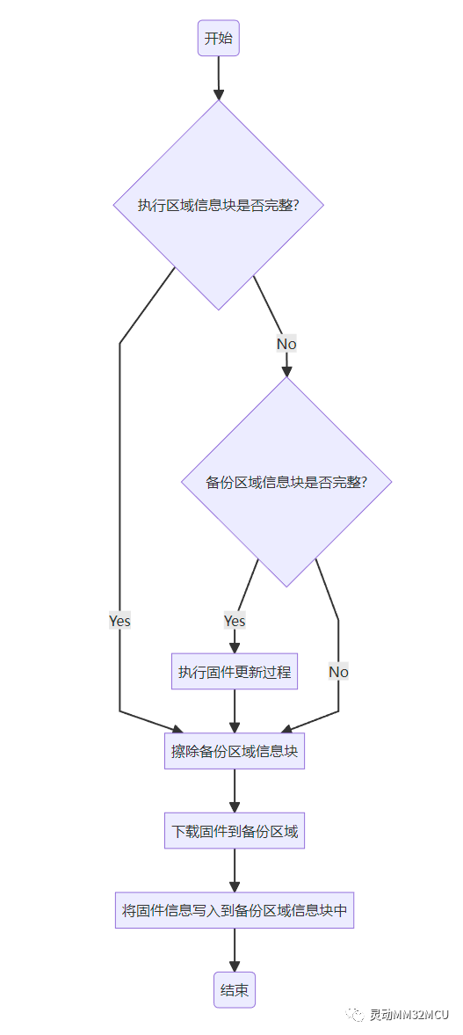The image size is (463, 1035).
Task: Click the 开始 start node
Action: (x=219, y=39)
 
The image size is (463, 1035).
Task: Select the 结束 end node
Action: (x=235, y=990)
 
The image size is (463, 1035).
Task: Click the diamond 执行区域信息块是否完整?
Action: (x=219, y=205)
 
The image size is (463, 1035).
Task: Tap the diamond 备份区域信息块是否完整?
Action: (x=286, y=482)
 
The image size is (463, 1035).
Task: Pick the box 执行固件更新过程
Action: (x=235, y=672)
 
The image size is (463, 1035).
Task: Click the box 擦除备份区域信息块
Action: (x=235, y=752)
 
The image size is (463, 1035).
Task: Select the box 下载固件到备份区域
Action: (x=235, y=830)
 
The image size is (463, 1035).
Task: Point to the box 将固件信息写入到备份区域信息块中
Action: (x=235, y=909)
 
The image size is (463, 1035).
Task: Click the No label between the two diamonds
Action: (x=286, y=344)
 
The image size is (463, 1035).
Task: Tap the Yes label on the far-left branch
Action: (x=119, y=621)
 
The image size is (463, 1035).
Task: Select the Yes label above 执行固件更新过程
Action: (x=235, y=621)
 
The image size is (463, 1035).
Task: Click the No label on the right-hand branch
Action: (x=338, y=672)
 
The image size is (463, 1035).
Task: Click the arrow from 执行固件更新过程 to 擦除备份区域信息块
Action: (x=235, y=711)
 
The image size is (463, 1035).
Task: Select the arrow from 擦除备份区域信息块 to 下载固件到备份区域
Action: (x=235, y=791)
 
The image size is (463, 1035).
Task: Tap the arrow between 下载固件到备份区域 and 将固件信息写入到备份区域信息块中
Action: (x=235, y=870)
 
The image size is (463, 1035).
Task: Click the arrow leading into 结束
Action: (x=235, y=949)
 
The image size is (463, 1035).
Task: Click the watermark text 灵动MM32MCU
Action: (x=409, y=1014)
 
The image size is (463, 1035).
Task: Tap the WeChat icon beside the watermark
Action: (x=356, y=1014)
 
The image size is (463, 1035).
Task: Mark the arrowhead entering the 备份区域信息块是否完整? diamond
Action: (x=286, y=371)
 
